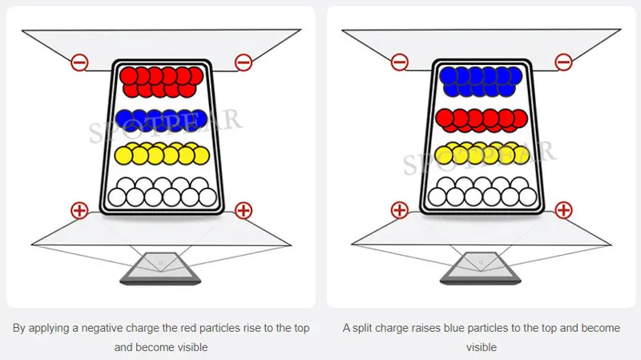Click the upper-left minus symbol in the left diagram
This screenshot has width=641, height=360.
pos(79,63)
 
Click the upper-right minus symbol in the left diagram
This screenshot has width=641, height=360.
pos(244,63)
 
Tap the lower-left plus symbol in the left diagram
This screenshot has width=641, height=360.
pos(79,210)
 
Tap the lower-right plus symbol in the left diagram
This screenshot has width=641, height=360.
pos(244,210)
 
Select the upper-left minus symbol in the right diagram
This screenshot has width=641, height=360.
pos(399,63)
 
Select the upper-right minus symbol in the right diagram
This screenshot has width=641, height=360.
pos(563,63)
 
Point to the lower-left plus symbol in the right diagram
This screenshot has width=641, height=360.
pos(399,210)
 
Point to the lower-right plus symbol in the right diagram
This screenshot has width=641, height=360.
pos(563,210)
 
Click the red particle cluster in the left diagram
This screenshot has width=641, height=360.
pos(162,82)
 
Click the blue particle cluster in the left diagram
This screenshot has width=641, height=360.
pos(162,119)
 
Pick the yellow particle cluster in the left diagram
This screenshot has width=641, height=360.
pos(162,153)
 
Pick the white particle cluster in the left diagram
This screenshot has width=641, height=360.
pos(163,192)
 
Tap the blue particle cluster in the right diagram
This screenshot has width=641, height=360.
pos(482,82)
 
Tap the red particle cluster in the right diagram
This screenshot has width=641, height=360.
pos(482,120)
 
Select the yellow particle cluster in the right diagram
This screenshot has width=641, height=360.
pos(482,153)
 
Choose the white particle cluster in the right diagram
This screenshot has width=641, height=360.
pos(482,192)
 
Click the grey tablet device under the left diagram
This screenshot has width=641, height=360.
pos(160,269)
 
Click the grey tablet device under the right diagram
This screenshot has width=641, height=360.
pos(480,269)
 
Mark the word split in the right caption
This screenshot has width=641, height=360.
pos(362,329)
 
